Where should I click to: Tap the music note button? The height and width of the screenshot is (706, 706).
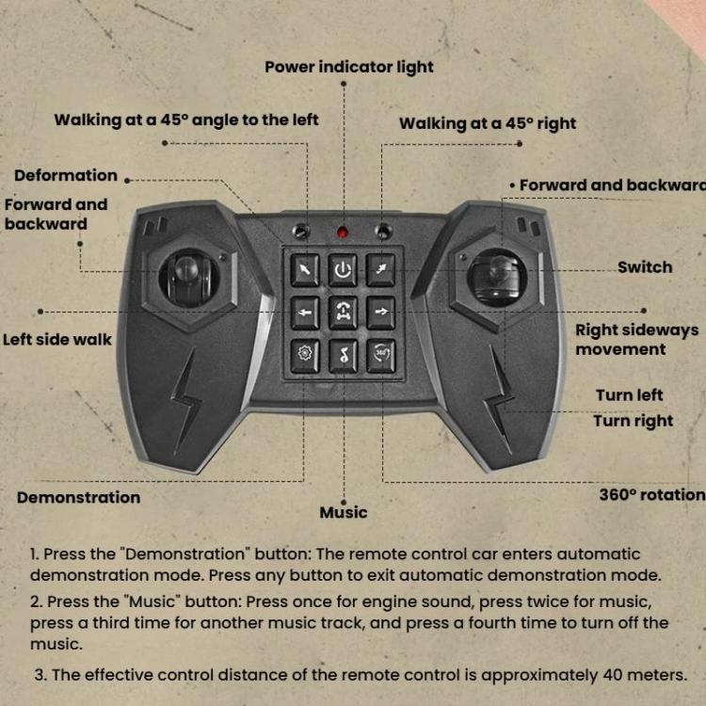click(343, 355)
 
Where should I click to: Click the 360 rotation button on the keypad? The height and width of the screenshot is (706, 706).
click(380, 354)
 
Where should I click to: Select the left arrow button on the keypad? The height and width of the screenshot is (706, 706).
click(305, 312)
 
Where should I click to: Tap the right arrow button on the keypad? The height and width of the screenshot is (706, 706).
click(380, 311)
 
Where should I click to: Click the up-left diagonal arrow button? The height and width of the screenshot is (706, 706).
click(305, 270)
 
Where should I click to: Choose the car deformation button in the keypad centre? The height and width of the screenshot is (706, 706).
click(343, 312)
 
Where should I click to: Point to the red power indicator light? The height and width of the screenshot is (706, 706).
click(343, 232)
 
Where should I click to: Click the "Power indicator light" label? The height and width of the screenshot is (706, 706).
click(349, 67)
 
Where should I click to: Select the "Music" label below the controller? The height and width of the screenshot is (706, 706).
click(343, 513)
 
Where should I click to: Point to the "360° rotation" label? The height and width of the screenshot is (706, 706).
click(651, 494)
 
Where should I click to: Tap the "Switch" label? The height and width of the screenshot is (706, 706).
click(645, 267)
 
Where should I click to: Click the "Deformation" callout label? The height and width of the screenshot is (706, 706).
click(66, 175)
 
